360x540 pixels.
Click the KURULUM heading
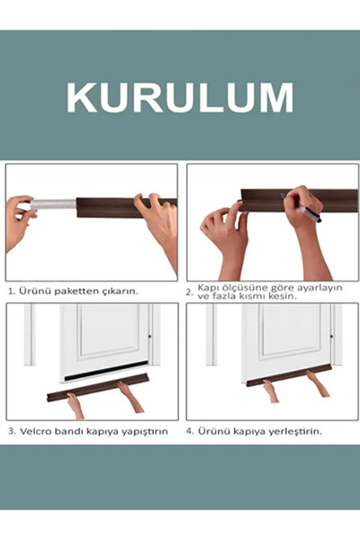(180, 97)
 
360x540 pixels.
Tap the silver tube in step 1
(53, 204)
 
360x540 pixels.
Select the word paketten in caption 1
(76, 291)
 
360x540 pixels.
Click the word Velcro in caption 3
(34, 431)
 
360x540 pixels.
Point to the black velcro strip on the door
(106, 371)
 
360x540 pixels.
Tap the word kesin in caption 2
(283, 296)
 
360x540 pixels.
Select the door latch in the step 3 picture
(150, 337)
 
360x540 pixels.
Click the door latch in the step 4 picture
(331, 336)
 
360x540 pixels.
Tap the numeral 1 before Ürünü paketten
(11, 292)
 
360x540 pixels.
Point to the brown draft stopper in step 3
(98, 388)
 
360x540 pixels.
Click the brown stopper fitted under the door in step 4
(289, 375)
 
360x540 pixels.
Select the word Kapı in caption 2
(206, 288)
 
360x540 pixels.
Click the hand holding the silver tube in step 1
(20, 220)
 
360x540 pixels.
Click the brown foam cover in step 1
(126, 207)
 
